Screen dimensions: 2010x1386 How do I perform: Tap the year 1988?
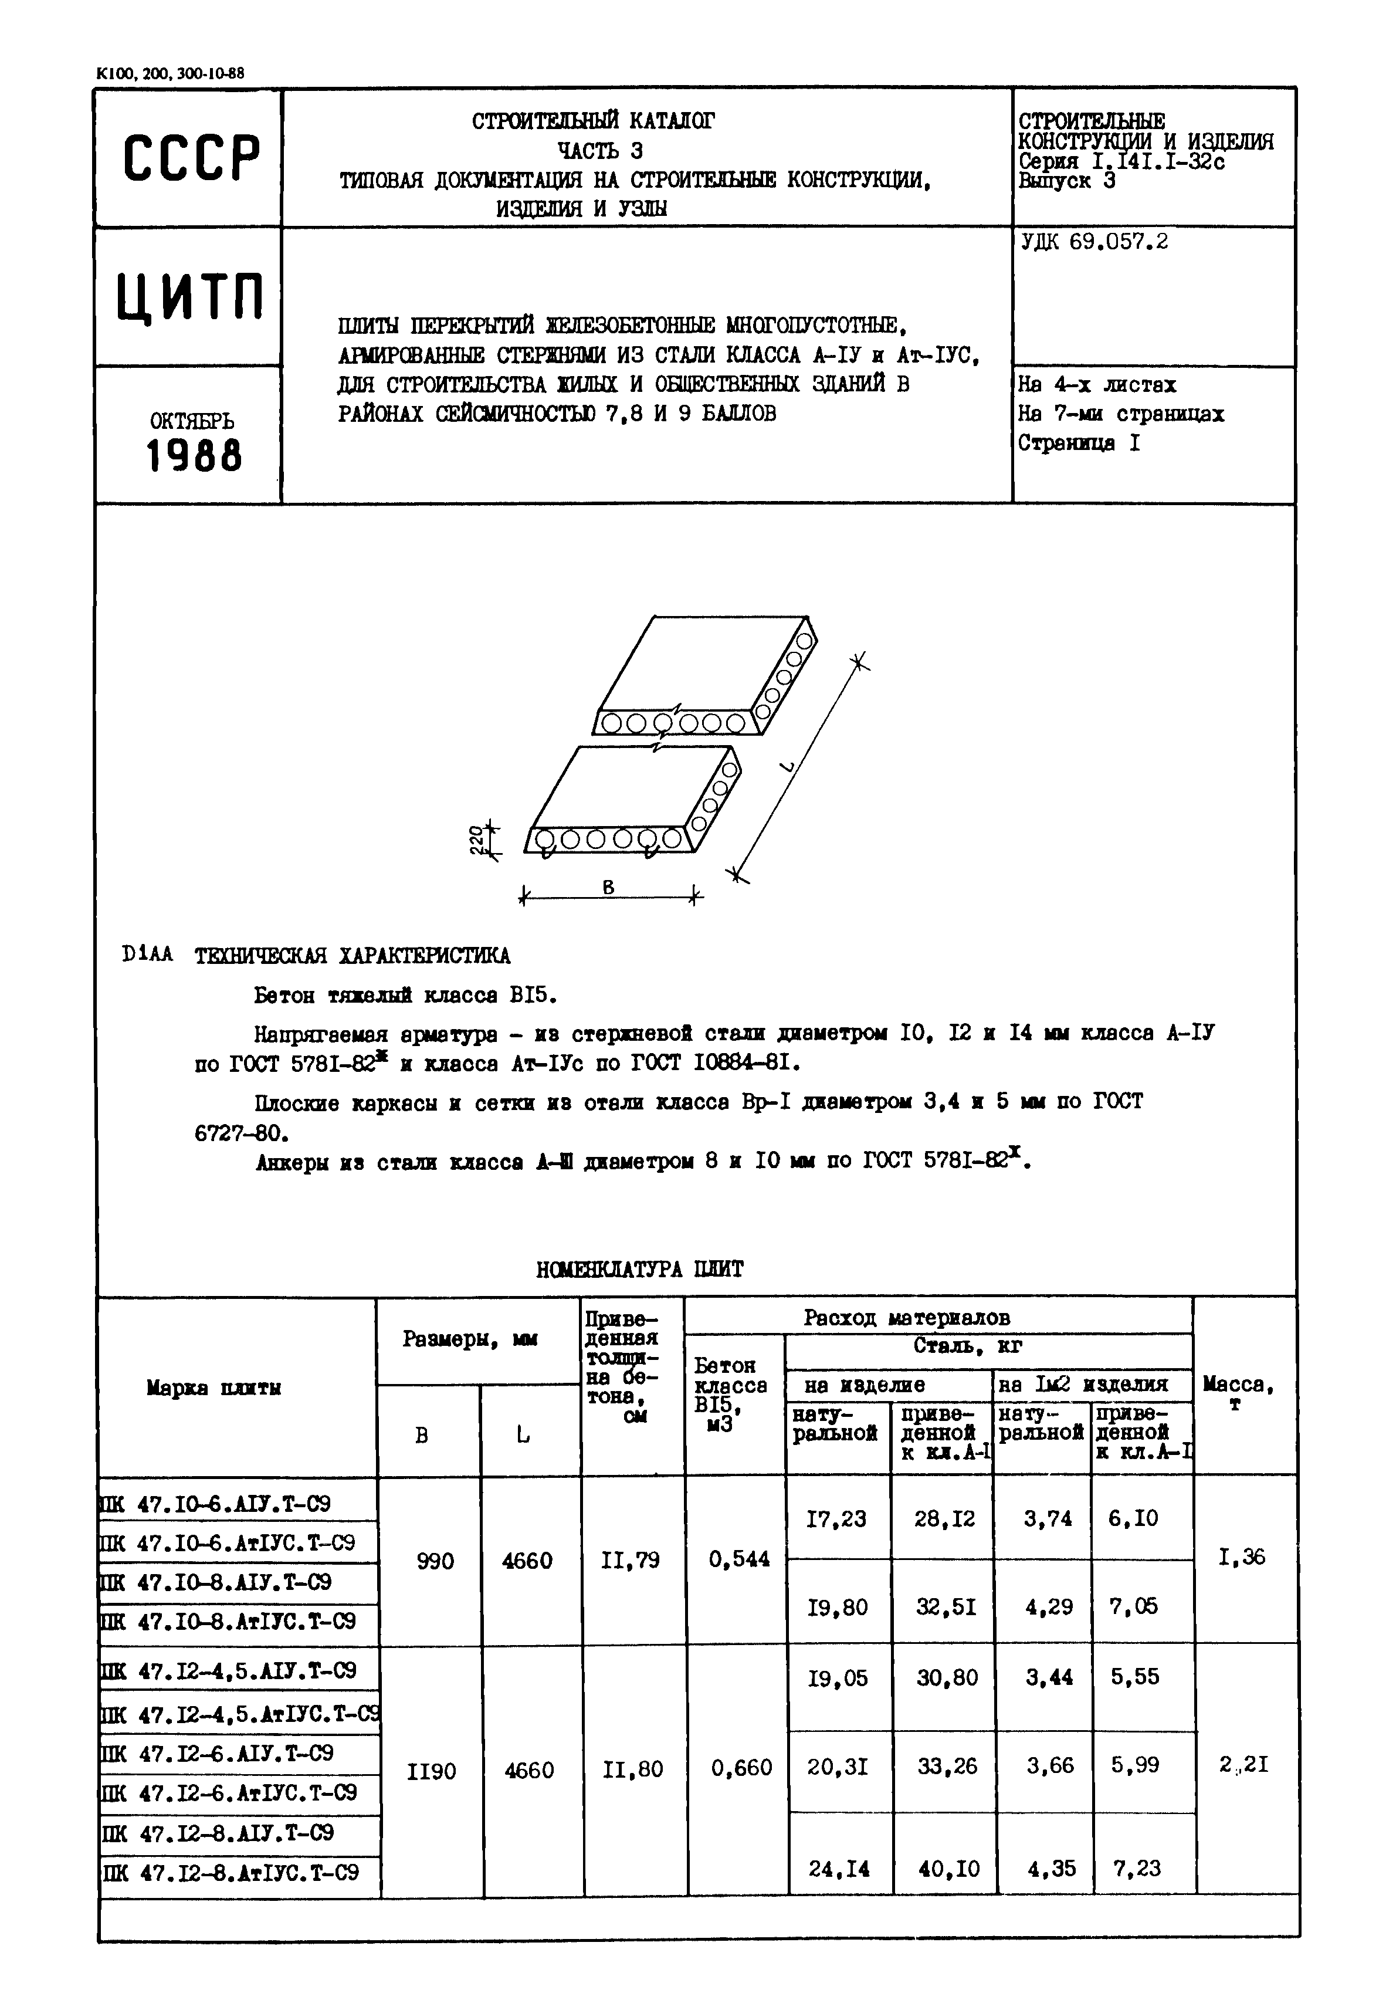(x=194, y=456)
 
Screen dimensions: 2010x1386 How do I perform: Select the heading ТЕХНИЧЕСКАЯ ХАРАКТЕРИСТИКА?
(x=352, y=956)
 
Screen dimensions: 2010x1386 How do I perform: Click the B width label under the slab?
(x=608, y=887)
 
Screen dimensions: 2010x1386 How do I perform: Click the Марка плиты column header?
(x=214, y=1388)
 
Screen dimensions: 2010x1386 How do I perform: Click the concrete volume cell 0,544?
(x=739, y=1559)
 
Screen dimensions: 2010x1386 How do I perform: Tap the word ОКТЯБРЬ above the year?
(x=192, y=421)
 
